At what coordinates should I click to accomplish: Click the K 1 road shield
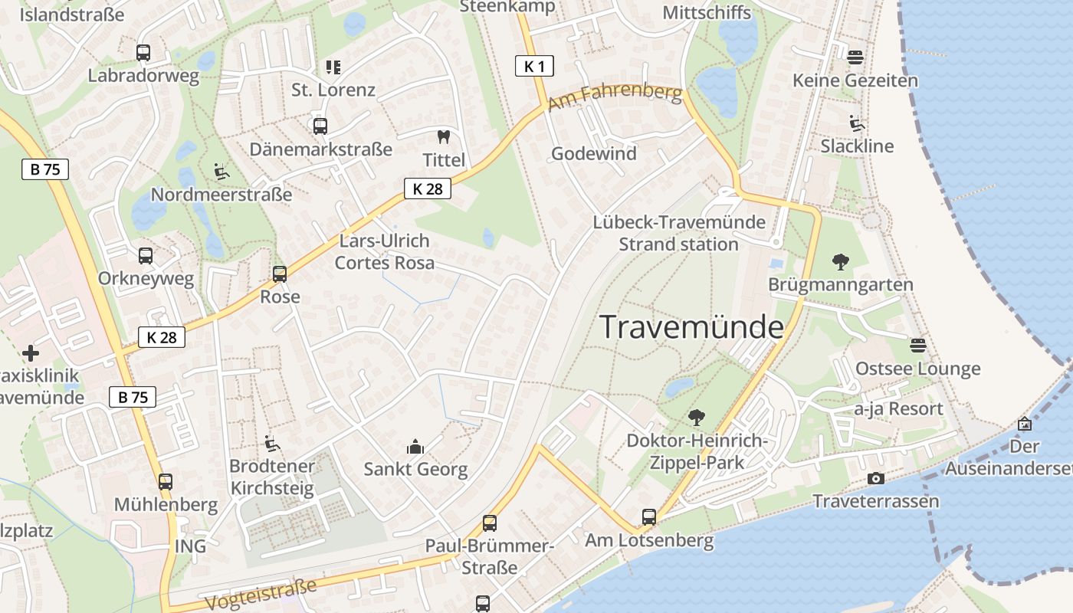[534, 67]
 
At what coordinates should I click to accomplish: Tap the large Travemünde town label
[691, 327]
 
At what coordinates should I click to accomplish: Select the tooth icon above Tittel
[443, 137]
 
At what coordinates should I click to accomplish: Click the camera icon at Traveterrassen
[875, 479]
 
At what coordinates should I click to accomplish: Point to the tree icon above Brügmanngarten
[841, 262]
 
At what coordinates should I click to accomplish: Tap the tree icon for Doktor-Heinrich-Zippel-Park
[696, 418]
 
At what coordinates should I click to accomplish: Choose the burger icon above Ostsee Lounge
[917, 346]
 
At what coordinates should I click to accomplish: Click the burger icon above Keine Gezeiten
[855, 57]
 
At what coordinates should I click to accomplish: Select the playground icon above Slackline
[856, 123]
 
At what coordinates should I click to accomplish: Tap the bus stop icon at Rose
[280, 274]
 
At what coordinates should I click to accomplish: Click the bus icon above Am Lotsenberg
[648, 517]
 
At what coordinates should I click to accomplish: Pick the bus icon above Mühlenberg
[166, 482]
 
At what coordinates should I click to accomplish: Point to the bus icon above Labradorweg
[143, 53]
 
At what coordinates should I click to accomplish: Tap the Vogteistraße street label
[261, 595]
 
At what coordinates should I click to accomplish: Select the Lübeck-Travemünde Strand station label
[679, 233]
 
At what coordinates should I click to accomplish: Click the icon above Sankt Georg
[415, 446]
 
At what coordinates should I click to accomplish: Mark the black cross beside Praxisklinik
[30, 353]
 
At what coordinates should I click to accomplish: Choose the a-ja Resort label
[898, 408]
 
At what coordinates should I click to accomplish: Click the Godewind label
[594, 153]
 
